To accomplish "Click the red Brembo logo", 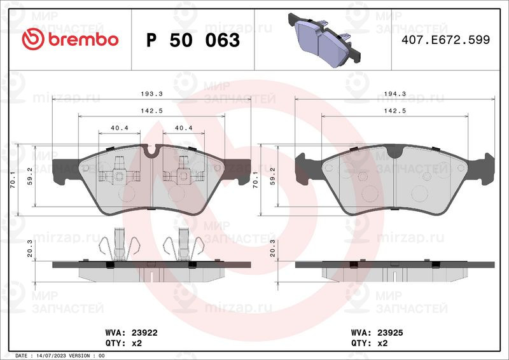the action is tap(70, 39).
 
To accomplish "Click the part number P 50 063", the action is tap(193, 40).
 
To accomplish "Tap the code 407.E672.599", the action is tap(445, 39).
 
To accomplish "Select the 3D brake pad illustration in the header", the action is tap(324, 39).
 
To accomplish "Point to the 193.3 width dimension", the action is tap(151, 93).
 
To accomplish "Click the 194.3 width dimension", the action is tap(394, 93).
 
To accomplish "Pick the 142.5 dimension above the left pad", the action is tap(151, 111).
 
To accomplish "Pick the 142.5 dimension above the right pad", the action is tap(394, 111).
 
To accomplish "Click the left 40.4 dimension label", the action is tap(120, 128).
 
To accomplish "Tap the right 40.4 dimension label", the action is tap(184, 128).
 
